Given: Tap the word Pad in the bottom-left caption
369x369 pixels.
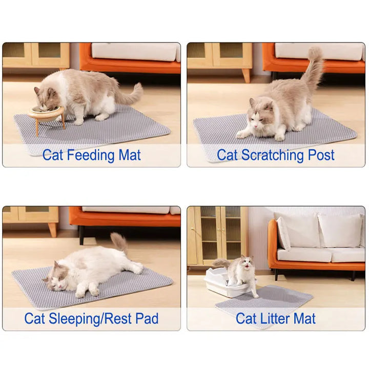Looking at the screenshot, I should pos(147,319).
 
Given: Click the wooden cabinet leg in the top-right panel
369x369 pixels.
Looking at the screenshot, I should pos(247,75).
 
